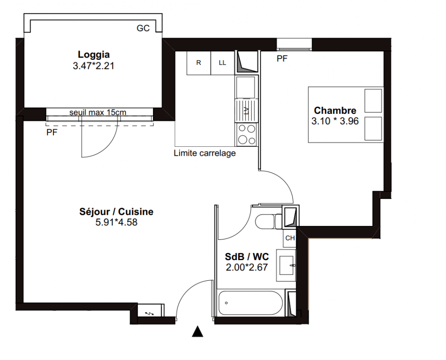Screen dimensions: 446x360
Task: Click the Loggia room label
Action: click(94, 54)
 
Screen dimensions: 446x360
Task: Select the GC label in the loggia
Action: click(143, 28)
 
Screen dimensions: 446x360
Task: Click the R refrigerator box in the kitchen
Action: click(198, 63)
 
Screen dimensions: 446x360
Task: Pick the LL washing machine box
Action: click(222, 63)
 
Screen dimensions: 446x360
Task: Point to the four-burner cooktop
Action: click(246, 135)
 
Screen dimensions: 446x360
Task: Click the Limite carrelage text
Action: click(205, 153)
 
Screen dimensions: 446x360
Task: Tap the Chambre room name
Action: click(335, 110)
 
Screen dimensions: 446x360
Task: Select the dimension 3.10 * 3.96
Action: click(335, 121)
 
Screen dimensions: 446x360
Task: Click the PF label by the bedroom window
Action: click(282, 58)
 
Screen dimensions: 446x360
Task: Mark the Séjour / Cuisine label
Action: click(116, 211)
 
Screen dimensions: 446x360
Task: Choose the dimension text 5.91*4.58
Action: click(116, 222)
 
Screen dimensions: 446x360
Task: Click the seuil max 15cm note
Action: click(98, 112)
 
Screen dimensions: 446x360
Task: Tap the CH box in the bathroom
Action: click(290, 238)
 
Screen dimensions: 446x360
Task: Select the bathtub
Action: click(250, 303)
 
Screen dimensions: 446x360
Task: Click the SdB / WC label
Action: click(247, 257)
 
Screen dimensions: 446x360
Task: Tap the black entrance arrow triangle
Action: click(198, 332)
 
